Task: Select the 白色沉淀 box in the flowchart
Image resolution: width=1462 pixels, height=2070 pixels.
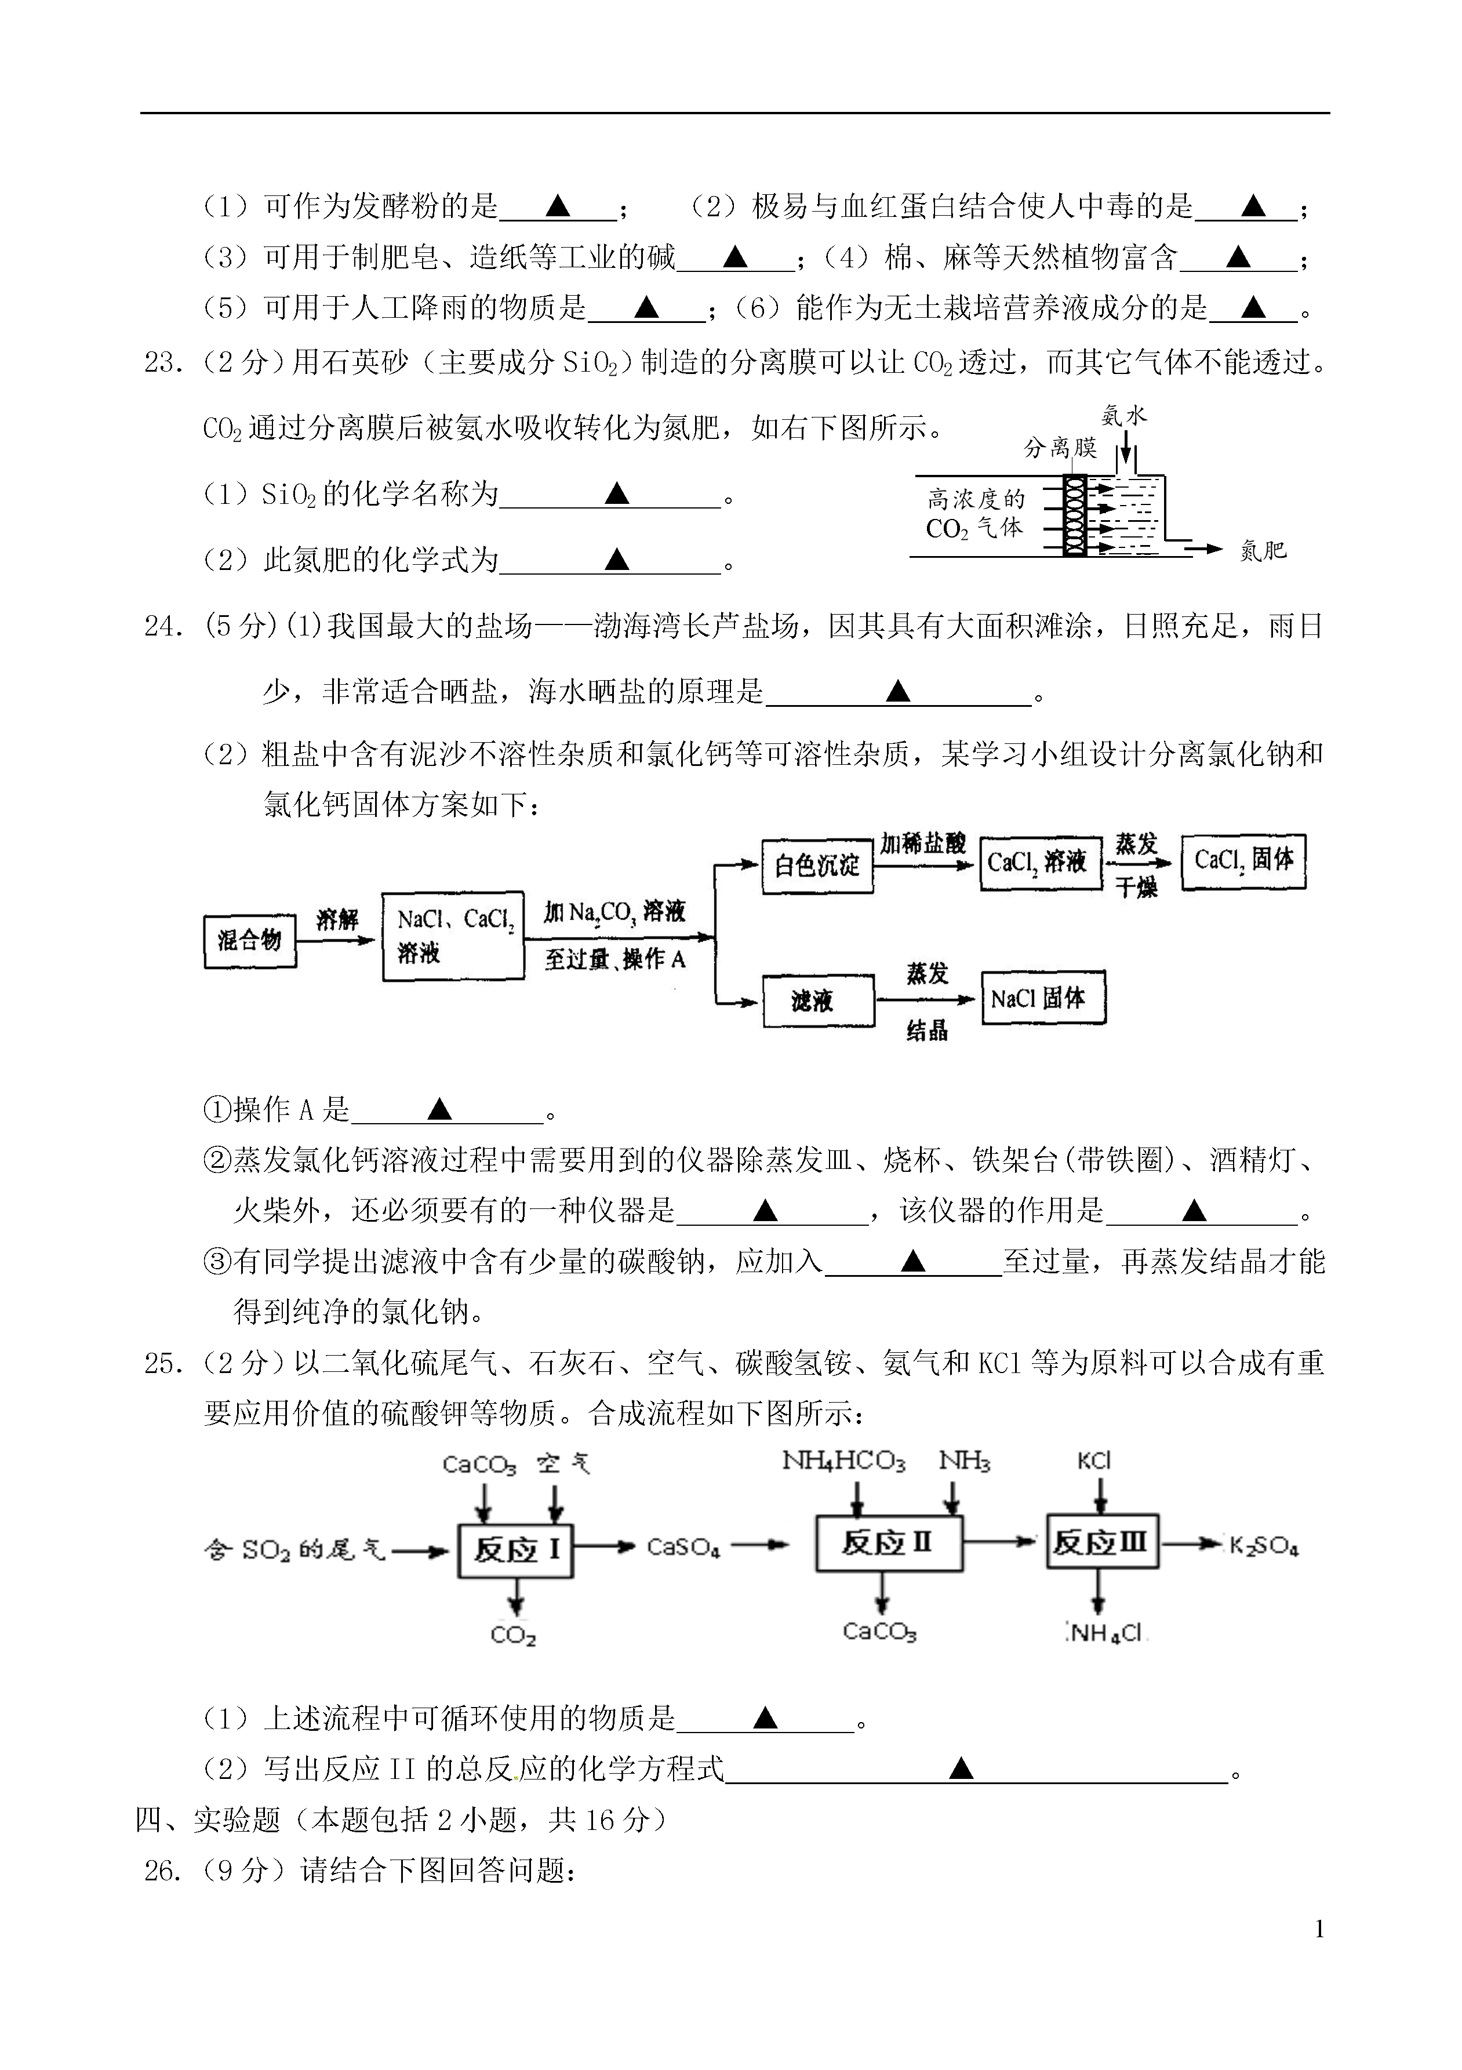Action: point(817,866)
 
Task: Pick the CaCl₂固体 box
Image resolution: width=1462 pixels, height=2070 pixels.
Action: point(1243,861)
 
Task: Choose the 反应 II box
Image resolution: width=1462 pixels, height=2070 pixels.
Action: point(889,1544)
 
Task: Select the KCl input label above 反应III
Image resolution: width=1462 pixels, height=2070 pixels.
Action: point(1094,1461)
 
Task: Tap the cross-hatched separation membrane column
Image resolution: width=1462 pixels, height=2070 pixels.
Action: point(1074,515)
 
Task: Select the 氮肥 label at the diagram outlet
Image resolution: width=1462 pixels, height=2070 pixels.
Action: point(1263,550)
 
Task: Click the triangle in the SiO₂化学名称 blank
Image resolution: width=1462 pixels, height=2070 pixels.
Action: point(617,493)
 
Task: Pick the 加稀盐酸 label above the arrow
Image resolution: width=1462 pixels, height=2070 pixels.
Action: point(923,844)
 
